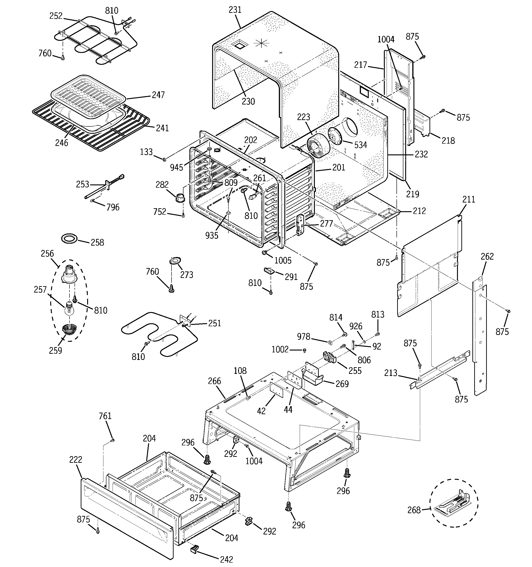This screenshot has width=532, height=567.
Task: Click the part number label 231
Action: (x=235, y=10)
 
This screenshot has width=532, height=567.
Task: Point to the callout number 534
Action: (x=360, y=145)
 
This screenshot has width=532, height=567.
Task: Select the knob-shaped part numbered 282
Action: (x=180, y=197)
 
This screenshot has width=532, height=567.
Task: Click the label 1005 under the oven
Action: (x=283, y=260)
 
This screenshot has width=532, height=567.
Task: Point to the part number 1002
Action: (x=280, y=349)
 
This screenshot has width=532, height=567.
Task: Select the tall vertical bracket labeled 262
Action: (x=480, y=337)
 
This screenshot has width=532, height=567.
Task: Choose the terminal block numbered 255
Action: (x=330, y=358)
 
